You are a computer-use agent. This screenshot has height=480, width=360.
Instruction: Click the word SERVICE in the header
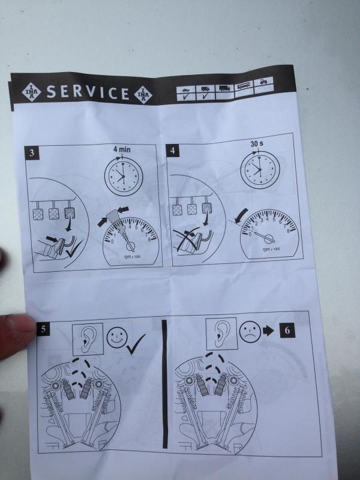pyautogui.click(x=88, y=92)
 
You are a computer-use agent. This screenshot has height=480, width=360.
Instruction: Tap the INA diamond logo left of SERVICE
pyautogui.click(x=31, y=92)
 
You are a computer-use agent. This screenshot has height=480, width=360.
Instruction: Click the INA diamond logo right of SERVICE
pyautogui.click(x=143, y=95)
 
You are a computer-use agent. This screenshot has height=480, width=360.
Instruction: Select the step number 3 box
pyautogui.click(x=32, y=153)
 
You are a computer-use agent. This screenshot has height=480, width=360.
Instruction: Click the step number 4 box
pyautogui.click(x=173, y=151)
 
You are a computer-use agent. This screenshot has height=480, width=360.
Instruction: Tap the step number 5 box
pyautogui.click(x=43, y=329)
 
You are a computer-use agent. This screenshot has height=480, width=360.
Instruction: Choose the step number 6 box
pyautogui.click(x=287, y=331)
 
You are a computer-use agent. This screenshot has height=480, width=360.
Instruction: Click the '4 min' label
pyautogui.click(x=122, y=149)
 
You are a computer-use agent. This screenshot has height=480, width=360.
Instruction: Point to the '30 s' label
pyautogui.click(x=257, y=143)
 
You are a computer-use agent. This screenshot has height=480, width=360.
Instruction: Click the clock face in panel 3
pyautogui.click(x=124, y=176)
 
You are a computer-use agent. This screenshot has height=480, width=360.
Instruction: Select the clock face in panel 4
pyautogui.click(x=260, y=170)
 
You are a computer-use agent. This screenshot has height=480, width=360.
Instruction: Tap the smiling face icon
pyautogui.click(x=117, y=337)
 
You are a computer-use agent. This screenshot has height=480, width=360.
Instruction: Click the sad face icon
pyautogui.click(x=250, y=332)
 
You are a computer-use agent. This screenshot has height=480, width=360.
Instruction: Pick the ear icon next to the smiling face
pyautogui.click(x=88, y=339)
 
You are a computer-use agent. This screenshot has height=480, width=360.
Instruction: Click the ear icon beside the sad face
pyautogui.click(x=221, y=334)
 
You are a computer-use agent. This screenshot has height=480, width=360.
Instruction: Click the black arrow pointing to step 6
pyautogui.click(x=268, y=331)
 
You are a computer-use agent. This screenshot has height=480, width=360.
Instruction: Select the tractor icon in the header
pyautogui.click(x=263, y=82)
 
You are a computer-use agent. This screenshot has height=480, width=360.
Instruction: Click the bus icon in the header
pyautogui.click(x=244, y=85)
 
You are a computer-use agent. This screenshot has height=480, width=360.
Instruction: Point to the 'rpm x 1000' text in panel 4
pyautogui.click(x=271, y=249)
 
